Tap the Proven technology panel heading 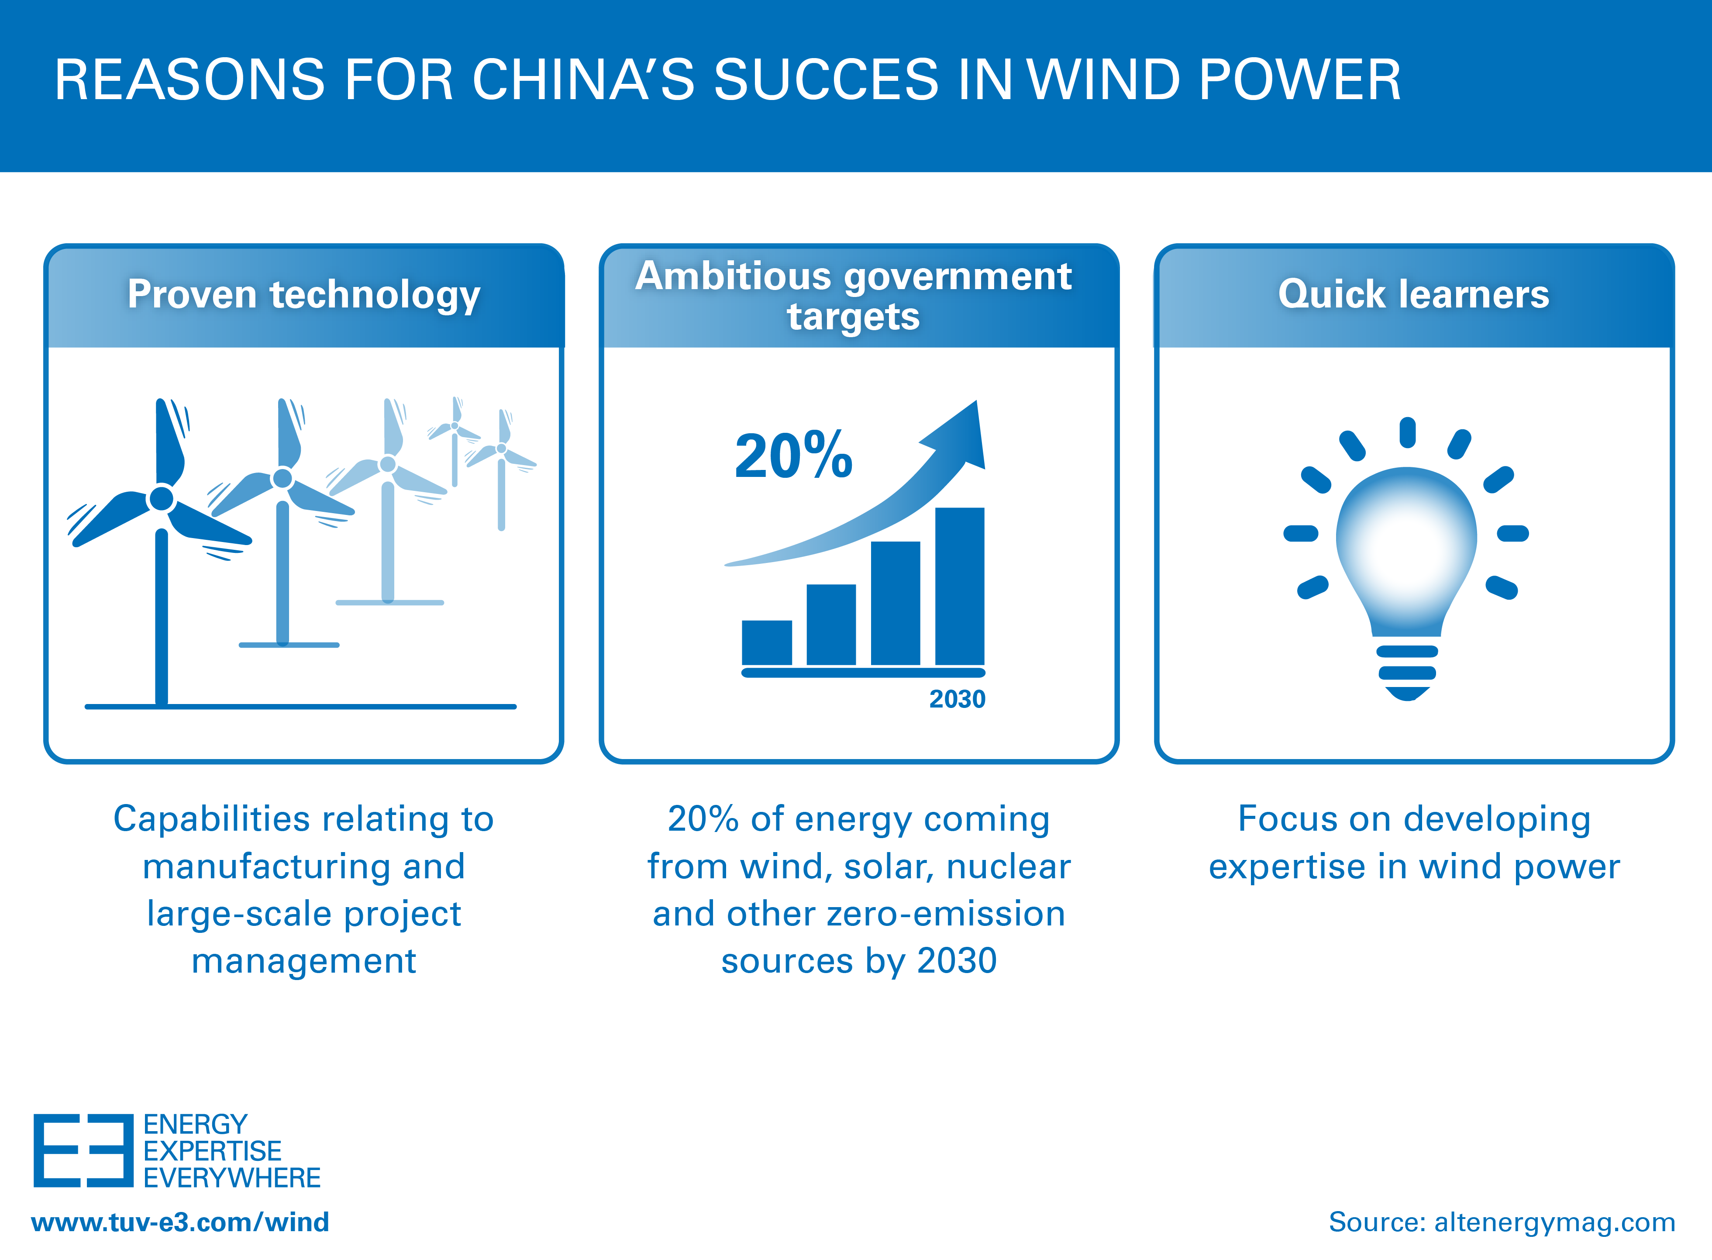tap(303, 294)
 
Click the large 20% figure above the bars tap(793, 456)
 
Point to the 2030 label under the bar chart tap(957, 699)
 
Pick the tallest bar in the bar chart tap(959, 586)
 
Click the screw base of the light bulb tap(1407, 673)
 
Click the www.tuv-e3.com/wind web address tap(180, 1222)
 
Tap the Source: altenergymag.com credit tap(1502, 1222)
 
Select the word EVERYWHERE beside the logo tap(232, 1177)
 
